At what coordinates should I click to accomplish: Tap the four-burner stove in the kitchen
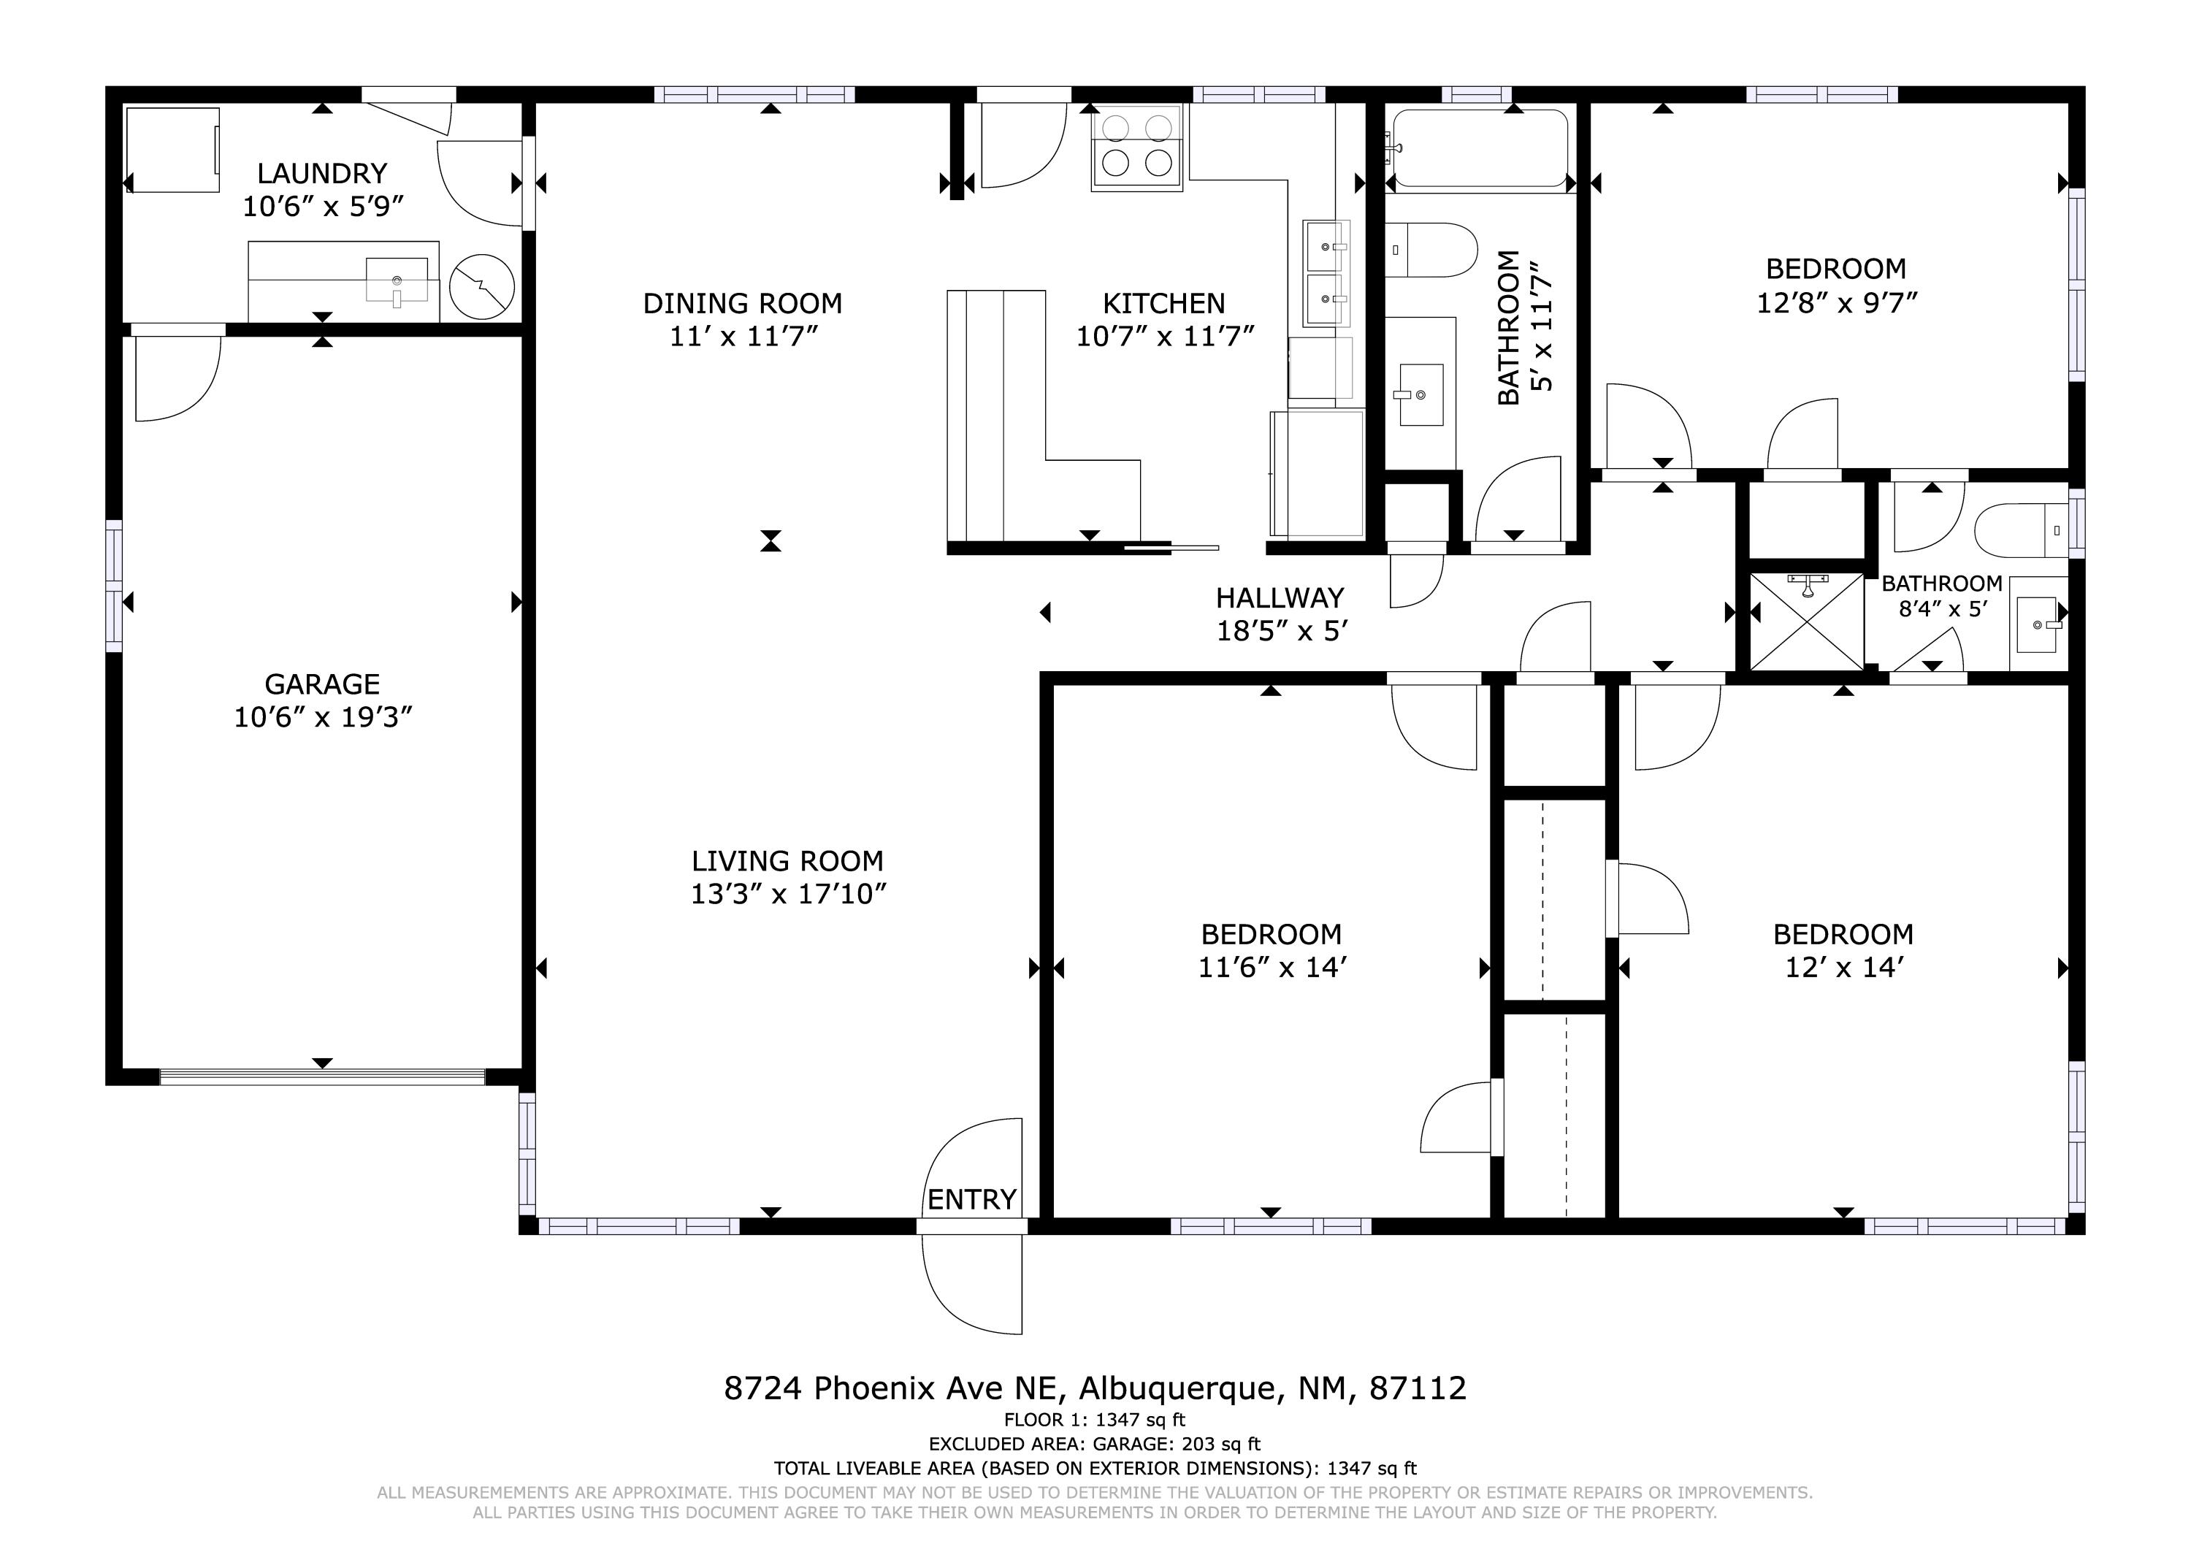(x=1136, y=149)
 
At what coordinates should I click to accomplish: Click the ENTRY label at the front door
(x=971, y=1200)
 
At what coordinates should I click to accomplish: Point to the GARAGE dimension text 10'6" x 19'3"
(x=323, y=716)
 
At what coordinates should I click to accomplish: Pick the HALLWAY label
(x=1280, y=598)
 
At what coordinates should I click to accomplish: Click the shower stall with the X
(x=1806, y=621)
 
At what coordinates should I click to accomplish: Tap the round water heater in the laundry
(x=482, y=286)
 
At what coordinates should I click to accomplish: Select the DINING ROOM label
(x=743, y=304)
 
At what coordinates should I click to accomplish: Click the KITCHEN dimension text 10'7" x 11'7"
(x=1164, y=336)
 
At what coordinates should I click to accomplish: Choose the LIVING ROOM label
(x=787, y=861)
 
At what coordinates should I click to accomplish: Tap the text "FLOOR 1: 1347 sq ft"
(x=1095, y=1420)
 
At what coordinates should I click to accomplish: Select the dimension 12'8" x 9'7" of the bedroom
(x=1837, y=302)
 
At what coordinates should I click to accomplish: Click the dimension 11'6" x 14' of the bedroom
(x=1272, y=968)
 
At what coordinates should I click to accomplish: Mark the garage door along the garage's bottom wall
(x=323, y=1076)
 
